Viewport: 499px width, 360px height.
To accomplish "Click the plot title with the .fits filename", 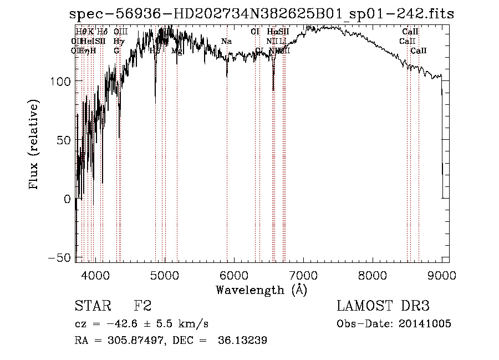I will coord(262,14).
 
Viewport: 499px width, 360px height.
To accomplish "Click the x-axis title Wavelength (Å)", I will coord(261,290).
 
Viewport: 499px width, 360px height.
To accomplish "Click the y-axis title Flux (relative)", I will coord(34,146).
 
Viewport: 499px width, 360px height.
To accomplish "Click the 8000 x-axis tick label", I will coord(372,275).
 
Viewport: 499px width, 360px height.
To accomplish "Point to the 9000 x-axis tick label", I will coord(442,275).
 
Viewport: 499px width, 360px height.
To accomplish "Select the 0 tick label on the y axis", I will coord(68,199).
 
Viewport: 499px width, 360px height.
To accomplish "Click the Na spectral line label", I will coord(226,42).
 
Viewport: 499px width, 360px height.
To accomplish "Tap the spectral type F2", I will coord(142,306).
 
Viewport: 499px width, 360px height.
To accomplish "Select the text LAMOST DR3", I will coord(383,306).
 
